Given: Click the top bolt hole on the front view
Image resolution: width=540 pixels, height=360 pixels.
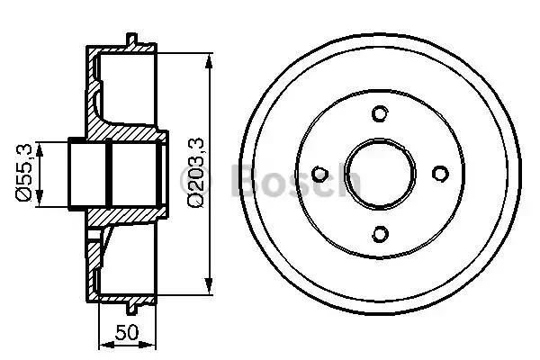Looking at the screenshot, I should pos(379,113).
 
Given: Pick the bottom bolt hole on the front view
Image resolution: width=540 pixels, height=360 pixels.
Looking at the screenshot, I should pos(379,234).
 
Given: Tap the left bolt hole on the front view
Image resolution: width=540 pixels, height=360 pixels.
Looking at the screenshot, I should pos(319,174).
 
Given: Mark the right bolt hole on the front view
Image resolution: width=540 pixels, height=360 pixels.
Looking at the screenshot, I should pos(439,174).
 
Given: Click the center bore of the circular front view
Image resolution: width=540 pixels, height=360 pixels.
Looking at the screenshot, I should pos(379,174).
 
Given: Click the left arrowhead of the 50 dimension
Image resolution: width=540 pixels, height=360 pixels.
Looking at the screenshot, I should pos(101,343).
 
